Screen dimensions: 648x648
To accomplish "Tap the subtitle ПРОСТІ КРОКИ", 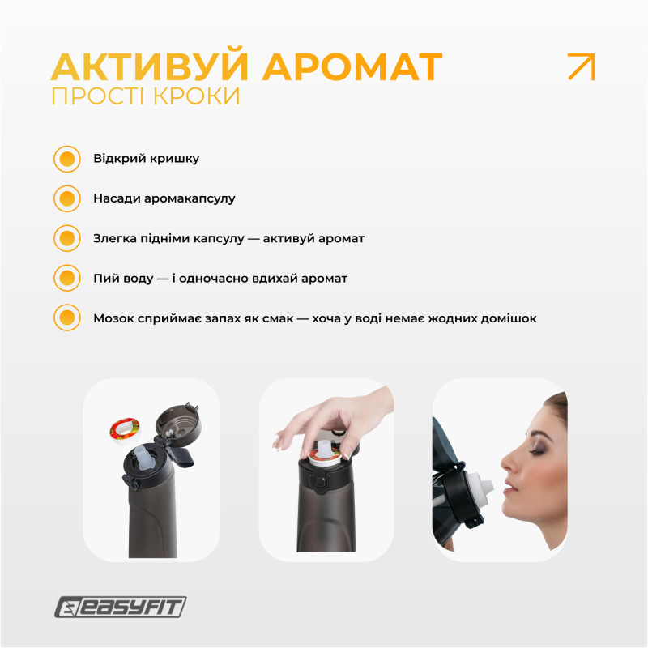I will tap(146, 96).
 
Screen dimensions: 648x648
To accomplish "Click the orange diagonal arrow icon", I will tap(581, 66).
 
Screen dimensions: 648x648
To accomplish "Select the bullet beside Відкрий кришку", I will tap(67, 159).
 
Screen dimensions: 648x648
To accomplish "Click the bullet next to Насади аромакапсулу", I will tap(67, 198).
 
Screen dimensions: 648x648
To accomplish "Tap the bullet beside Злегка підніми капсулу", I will tap(67, 239).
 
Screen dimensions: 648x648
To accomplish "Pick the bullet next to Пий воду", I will tap(67, 279).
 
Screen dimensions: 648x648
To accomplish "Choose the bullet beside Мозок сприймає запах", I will tap(67, 318).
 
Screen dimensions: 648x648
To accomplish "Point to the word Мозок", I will tap(114, 318).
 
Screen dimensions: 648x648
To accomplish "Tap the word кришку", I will tap(174, 159).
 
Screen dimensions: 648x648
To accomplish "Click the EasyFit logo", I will tap(121, 607).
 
